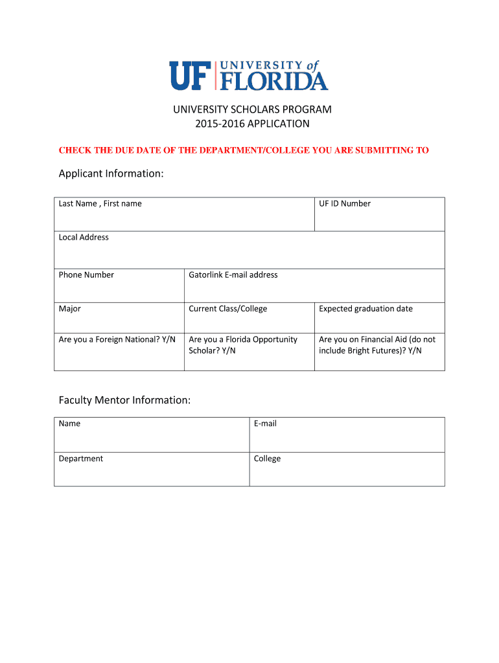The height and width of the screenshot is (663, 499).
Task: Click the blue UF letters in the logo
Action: point(191,76)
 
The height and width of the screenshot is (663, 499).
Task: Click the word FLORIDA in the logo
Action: point(275,81)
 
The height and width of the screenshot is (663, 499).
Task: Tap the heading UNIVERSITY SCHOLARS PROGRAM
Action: point(252,109)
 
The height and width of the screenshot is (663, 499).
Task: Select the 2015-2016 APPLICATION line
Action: point(252,123)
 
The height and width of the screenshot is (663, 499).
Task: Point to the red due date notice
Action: point(244,150)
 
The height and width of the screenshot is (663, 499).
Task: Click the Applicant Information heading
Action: point(111,174)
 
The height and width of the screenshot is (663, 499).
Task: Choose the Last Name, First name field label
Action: point(100,203)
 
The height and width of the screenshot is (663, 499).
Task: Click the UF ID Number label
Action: point(345,203)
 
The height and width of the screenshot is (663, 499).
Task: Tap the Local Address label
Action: point(84,237)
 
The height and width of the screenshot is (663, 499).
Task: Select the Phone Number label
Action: point(86,275)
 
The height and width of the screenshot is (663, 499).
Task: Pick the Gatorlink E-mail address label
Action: point(233,275)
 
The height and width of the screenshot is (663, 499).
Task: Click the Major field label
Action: point(70,309)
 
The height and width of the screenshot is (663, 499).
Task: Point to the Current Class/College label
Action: point(228,309)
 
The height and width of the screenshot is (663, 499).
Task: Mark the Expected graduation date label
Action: point(366,309)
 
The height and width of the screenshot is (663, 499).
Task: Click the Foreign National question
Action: point(117,339)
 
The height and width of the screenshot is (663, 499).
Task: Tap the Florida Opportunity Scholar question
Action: point(243,344)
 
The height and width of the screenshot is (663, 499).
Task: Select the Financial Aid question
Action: point(377,344)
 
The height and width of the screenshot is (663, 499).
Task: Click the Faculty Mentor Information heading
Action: point(125,400)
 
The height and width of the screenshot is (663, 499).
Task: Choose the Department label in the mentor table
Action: point(81,458)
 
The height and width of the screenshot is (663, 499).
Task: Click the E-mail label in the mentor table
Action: point(265,423)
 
